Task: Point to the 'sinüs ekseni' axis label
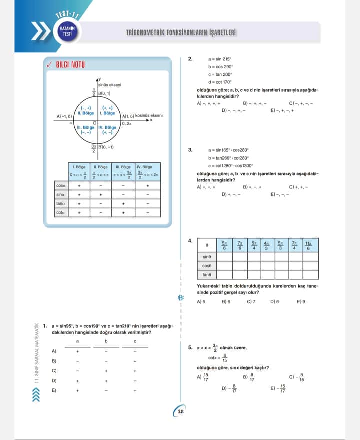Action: [x=110, y=85]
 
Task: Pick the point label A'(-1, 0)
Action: [x=64, y=116]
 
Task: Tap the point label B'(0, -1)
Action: [x=105, y=147]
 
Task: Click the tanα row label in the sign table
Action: [x=60, y=203]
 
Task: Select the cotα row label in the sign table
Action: [x=60, y=212]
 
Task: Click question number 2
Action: [x=190, y=59]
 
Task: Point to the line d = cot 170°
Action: [x=220, y=82]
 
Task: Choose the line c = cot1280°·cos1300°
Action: [x=230, y=166]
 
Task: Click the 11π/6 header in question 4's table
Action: [x=309, y=245]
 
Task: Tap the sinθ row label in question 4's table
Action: [x=206, y=256]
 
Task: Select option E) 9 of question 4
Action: [x=301, y=302]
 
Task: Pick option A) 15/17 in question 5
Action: [x=203, y=377]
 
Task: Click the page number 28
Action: [x=180, y=411]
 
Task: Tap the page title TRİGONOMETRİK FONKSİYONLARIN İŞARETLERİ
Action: [x=181, y=33]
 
